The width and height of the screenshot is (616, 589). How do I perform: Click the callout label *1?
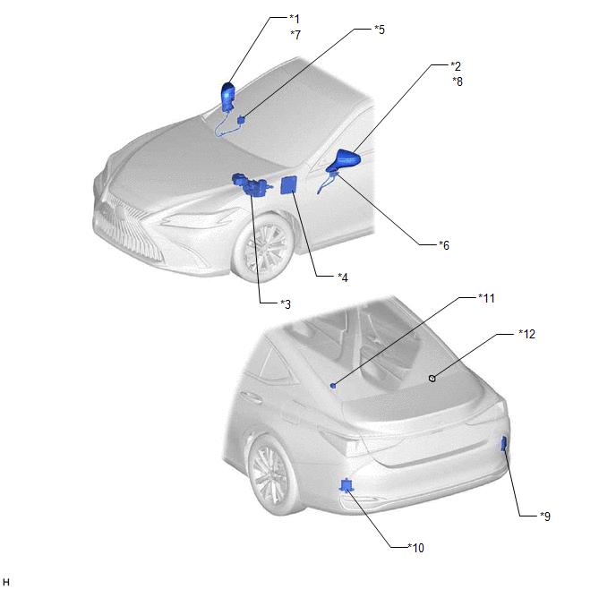[295, 19]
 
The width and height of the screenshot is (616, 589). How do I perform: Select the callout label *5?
[380, 30]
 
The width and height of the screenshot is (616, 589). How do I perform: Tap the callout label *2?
[456, 65]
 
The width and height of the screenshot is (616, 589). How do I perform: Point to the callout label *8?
[458, 81]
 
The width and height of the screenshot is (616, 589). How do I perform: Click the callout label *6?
[444, 245]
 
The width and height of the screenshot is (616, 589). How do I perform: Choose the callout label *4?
[343, 277]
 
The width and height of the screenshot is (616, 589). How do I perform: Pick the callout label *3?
[286, 304]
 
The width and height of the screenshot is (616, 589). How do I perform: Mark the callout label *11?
[486, 298]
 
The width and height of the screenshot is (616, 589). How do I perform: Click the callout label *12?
[526, 334]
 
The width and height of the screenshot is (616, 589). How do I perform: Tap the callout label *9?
[545, 516]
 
